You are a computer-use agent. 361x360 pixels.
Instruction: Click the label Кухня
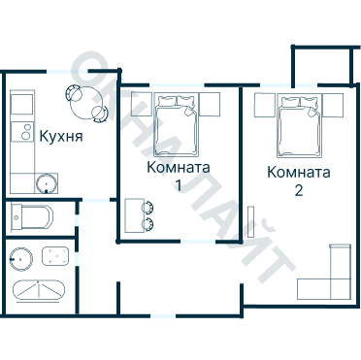tap(61, 137)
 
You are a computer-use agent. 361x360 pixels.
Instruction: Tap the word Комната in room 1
tap(179, 168)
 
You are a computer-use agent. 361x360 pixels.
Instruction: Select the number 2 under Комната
tap(299, 190)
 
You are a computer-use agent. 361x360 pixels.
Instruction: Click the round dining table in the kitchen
tap(86, 103)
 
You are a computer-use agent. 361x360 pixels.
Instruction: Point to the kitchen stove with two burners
tap(22, 132)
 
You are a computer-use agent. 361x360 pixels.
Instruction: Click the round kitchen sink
tap(47, 183)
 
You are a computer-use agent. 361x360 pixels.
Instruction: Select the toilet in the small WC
tap(31, 217)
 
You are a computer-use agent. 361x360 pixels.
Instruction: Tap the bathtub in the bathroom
tap(39, 290)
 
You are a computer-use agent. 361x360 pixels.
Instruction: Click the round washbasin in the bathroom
tap(21, 259)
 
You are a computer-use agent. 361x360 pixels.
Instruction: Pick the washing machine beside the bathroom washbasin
tap(55, 256)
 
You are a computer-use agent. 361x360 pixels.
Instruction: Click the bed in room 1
tap(176, 124)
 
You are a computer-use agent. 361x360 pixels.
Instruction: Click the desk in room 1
tap(134, 215)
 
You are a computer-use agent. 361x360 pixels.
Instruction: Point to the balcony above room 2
tap(322, 65)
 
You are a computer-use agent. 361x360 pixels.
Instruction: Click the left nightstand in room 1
tap(142, 104)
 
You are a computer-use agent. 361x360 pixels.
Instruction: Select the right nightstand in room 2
tap(333, 105)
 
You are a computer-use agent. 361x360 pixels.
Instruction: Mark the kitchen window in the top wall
tap(67, 71)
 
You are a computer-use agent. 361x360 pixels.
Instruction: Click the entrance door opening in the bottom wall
tap(163, 315)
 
